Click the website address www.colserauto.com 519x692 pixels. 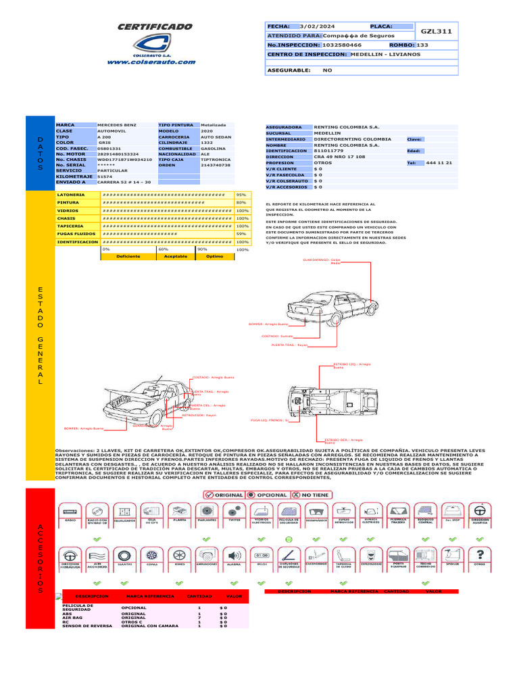point(155,61)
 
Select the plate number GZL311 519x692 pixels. point(437,31)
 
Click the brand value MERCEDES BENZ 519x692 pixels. point(117,126)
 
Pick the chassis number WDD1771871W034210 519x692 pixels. point(124,159)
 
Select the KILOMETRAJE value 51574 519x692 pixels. point(105,176)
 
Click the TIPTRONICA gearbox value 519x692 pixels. point(216,159)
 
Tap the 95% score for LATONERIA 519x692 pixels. point(241,195)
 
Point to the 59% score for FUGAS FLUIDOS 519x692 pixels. point(241,233)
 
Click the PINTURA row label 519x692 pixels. point(68,202)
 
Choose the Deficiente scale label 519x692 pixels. point(128,257)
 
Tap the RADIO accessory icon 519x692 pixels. point(70,513)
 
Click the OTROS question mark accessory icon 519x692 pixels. point(480,554)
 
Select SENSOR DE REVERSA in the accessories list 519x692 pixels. point(87,626)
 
